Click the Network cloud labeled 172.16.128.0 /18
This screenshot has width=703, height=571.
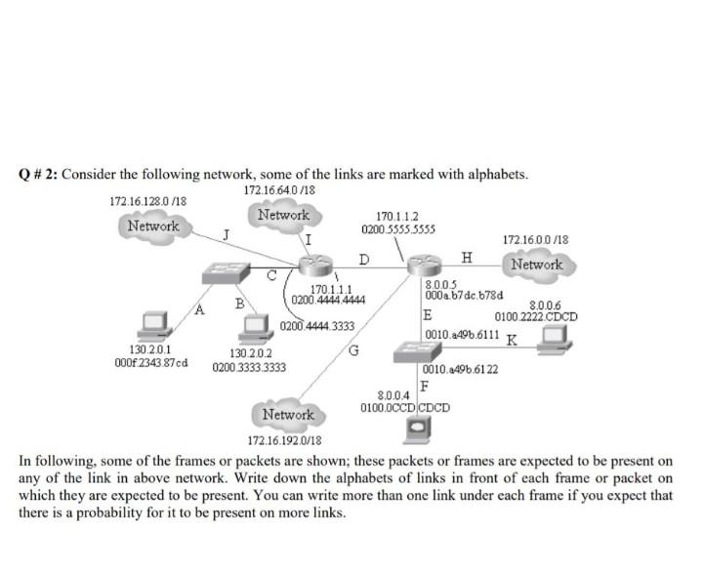coord(153,226)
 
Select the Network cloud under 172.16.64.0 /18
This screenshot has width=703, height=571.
coord(283,215)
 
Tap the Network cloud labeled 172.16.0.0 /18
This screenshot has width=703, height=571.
coord(536,265)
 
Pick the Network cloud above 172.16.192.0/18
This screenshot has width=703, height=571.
coord(288,415)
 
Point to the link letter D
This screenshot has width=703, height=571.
coord(363,259)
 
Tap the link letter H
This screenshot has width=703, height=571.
coord(467,257)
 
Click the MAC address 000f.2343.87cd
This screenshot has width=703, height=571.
coord(151,362)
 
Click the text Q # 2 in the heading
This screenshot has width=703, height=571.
coord(38,175)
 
